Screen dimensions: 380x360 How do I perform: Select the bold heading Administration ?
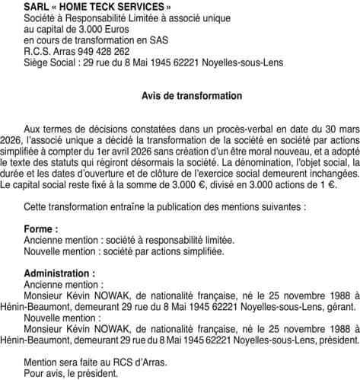(60, 273)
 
